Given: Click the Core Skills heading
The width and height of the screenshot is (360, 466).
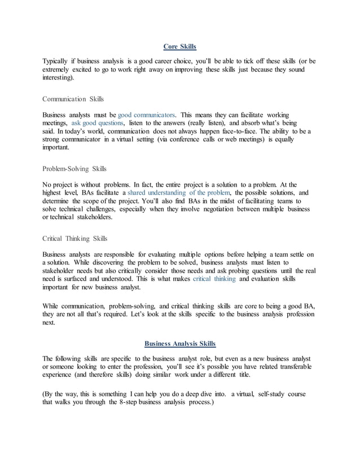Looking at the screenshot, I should click(179, 46).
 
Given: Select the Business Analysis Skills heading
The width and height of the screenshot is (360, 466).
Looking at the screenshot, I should click(179, 343).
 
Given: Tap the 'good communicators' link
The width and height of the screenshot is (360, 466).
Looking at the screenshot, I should click(147, 114).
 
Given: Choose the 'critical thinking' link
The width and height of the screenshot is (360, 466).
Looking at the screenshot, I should click(214, 279).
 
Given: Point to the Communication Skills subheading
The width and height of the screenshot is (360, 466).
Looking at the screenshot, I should click(73, 99).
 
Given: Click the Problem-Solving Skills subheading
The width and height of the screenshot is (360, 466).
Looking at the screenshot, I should click(75, 169).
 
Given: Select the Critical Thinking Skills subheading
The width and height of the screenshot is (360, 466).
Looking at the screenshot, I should click(76, 238).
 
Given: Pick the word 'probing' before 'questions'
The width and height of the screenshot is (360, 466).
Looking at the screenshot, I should click(244, 270).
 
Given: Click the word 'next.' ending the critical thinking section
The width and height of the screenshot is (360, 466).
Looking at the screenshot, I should click(50, 323).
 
